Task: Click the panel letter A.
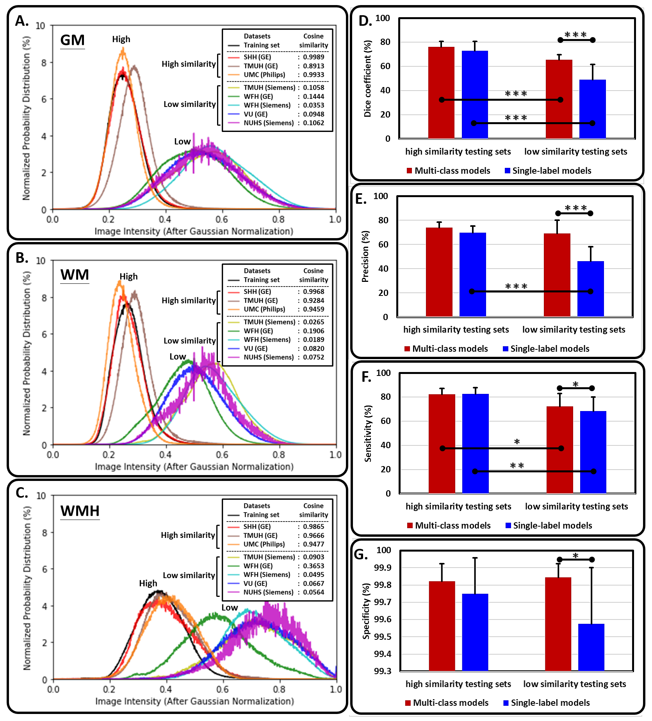coord(22,21)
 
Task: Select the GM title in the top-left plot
coord(73,40)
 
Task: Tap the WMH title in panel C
coord(80,511)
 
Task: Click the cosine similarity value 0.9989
coord(314,57)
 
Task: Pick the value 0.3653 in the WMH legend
coord(314,566)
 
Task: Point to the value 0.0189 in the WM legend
coord(314,340)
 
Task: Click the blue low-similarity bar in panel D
coord(592,109)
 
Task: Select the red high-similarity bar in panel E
coord(439,272)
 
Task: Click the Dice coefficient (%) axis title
coord(367,78)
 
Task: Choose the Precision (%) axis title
coord(365,256)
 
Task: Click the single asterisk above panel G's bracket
coord(575,555)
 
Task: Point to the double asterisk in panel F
coord(517,466)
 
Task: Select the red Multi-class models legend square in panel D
coord(410,171)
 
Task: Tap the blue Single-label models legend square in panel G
coord(506,703)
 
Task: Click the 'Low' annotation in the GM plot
coord(182,142)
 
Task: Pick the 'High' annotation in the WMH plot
coord(148,583)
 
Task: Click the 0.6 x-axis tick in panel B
coord(222,455)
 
